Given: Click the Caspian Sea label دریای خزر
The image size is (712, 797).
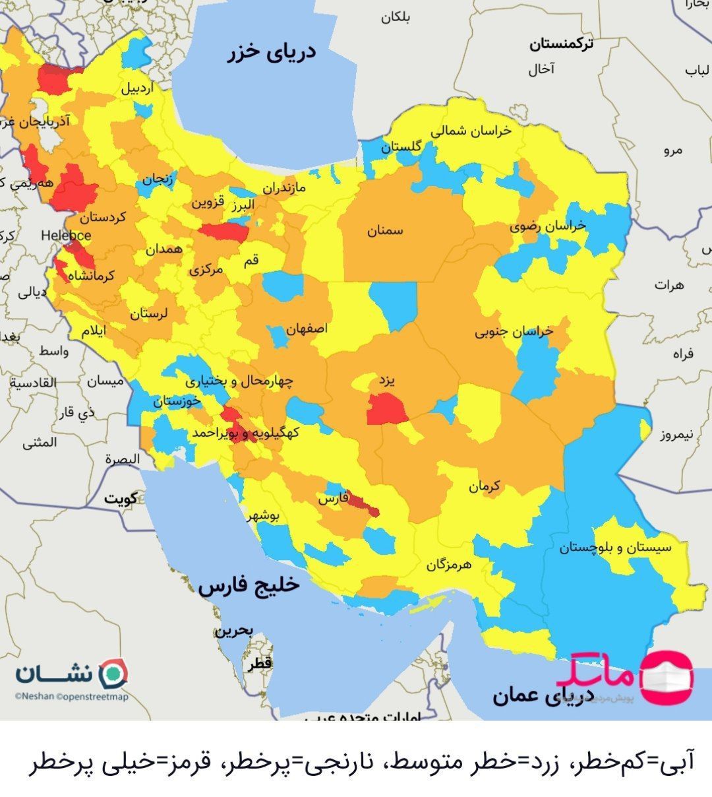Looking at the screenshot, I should pyautogui.click(x=271, y=53).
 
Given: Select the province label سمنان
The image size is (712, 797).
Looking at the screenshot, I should pyautogui.click(x=385, y=231).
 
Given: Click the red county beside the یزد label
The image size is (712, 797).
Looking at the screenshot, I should pyautogui.click(x=388, y=410).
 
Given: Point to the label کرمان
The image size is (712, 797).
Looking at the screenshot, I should pyautogui.click(x=485, y=487).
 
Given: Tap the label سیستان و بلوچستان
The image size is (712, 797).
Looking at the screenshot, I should pyautogui.click(x=614, y=548).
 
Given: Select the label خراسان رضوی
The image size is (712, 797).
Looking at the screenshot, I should pyautogui.click(x=548, y=226).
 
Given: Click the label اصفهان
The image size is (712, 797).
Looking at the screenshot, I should pyautogui.click(x=307, y=328).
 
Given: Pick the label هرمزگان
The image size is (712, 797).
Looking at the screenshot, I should pyautogui.click(x=450, y=565).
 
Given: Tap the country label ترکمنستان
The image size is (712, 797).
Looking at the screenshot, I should pyautogui.click(x=561, y=45).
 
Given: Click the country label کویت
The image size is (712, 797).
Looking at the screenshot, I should pyautogui.click(x=121, y=499).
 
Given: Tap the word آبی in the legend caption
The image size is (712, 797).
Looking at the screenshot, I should pyautogui.click(x=677, y=764).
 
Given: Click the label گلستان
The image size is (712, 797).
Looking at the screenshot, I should pyautogui.click(x=401, y=147).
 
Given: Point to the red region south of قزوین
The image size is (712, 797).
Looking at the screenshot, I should pyautogui.click(x=225, y=232).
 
